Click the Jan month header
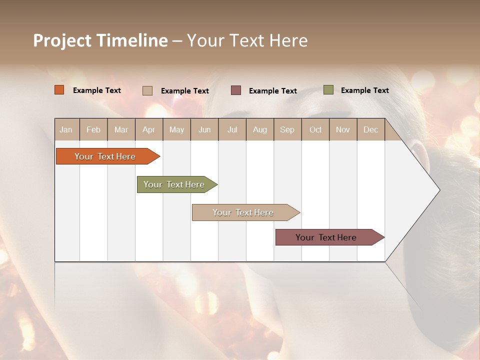[x=66, y=129]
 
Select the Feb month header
[x=93, y=129]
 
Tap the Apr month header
[x=148, y=129]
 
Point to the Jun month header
[x=204, y=129]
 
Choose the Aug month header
[x=259, y=129]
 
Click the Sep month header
[x=287, y=129]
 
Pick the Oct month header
[x=315, y=129]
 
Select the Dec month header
[x=370, y=129]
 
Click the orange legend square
[x=59, y=90]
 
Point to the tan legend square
[x=147, y=90]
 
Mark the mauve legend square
[x=236, y=90]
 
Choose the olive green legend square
[x=328, y=90]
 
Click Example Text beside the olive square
[x=364, y=90]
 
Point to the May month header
[x=176, y=129]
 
